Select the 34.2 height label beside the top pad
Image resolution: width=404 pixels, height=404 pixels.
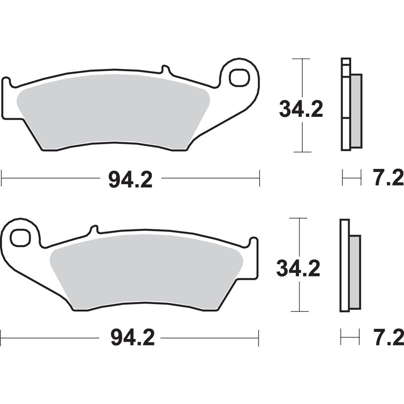pyautogui.click(x=301, y=109)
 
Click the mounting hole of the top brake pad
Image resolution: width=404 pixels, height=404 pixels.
pyautogui.click(x=239, y=77)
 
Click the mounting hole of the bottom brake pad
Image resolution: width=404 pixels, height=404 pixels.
pyautogui.click(x=20, y=238)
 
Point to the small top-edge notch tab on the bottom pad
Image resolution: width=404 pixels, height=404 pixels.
pyautogui.click(x=94, y=229)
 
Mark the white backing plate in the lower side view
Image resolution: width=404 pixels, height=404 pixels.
pyautogui.click(x=345, y=266)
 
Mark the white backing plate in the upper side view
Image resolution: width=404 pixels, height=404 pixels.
pyautogui.click(x=346, y=106)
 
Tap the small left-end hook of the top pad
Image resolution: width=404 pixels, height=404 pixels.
pyautogui.click(x=6, y=81)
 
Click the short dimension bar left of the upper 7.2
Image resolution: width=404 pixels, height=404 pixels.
pyautogui.click(x=351, y=177)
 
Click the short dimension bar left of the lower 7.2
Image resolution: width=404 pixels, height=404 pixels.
pyautogui.click(x=350, y=337)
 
